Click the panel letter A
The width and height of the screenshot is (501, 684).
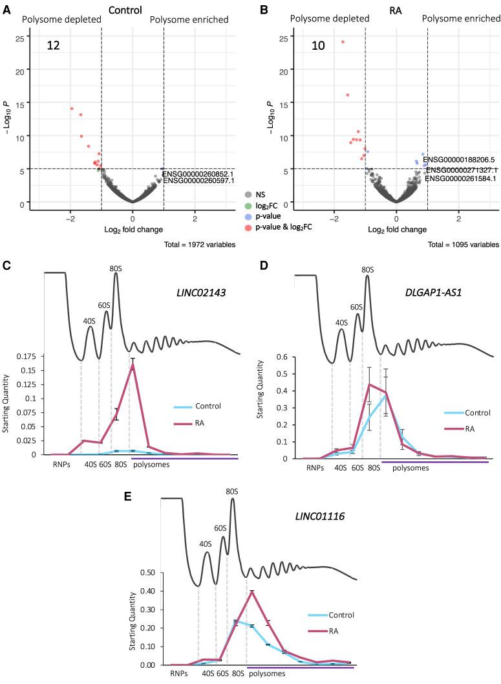tap(6, 10)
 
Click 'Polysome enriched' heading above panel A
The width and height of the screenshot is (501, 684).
tap(189, 20)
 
